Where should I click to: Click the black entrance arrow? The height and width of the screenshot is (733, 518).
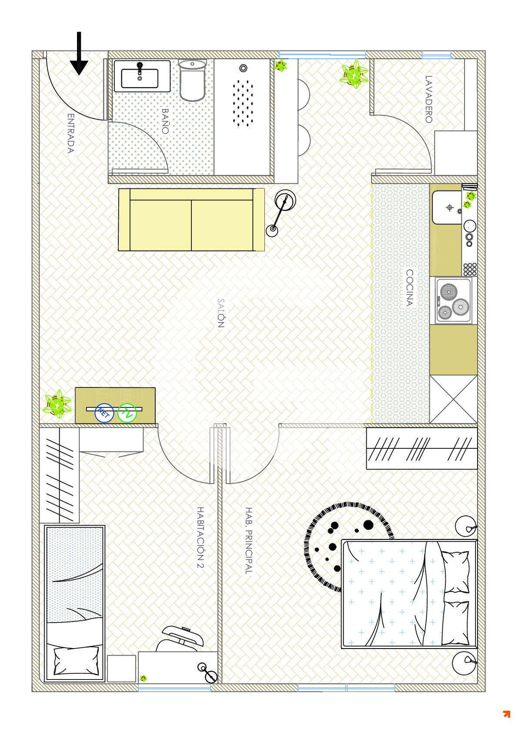(x=79, y=54)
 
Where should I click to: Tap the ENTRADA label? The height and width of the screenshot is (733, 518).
(x=71, y=133)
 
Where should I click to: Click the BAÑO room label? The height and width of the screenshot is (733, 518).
(x=165, y=121)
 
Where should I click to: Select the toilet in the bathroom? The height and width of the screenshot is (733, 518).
(x=193, y=80)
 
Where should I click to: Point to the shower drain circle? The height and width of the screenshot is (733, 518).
(x=243, y=68)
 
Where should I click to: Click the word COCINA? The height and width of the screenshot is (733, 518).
(x=409, y=288)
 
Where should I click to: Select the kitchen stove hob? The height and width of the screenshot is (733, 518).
(x=454, y=300)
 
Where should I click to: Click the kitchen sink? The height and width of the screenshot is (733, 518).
(x=447, y=208)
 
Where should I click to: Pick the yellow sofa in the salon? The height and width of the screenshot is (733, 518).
(x=191, y=219)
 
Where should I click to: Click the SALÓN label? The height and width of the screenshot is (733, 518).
(x=221, y=313)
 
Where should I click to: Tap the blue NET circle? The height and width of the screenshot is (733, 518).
(x=104, y=413)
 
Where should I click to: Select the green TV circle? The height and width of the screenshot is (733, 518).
(x=127, y=413)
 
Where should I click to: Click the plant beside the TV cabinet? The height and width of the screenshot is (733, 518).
(x=57, y=404)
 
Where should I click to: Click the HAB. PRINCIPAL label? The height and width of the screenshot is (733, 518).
(x=249, y=541)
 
